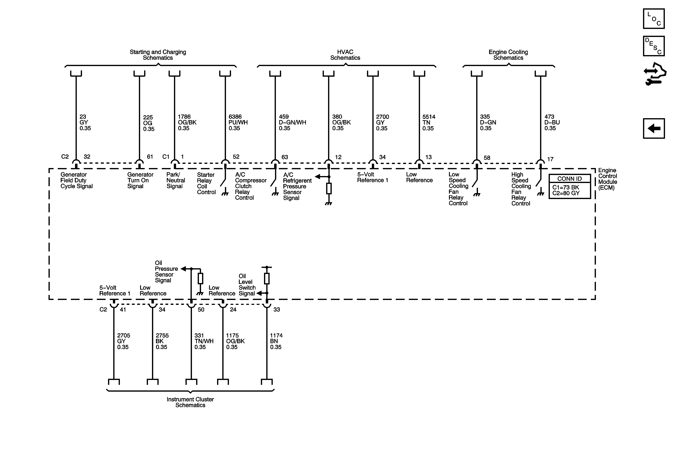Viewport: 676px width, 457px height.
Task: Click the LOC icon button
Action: click(654, 19)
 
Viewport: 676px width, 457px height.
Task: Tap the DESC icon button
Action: click(654, 46)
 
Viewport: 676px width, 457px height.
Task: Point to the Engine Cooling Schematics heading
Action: click(508, 55)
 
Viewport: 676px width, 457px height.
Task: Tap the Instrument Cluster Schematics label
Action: click(190, 402)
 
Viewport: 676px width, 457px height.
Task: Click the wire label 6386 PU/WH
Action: click(238, 123)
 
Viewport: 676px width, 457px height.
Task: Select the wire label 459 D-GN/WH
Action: click(292, 123)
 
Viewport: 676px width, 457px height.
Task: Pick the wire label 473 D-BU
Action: click(552, 123)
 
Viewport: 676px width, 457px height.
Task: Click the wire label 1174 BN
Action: click(276, 341)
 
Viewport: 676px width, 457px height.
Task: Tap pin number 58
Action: click(487, 158)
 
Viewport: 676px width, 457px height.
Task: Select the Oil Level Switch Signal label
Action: click(247, 285)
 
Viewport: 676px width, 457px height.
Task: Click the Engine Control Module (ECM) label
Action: click(607, 179)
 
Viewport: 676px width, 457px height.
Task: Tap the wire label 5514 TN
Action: click(429, 123)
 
